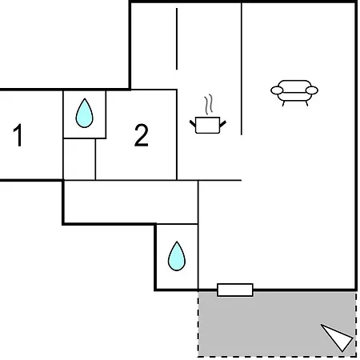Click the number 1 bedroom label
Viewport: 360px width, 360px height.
(18, 135)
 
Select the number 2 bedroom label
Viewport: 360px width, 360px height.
(142, 135)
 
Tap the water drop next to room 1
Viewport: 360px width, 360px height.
(84, 113)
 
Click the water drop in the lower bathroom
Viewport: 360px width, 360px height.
(177, 256)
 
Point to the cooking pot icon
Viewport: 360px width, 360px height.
(208, 114)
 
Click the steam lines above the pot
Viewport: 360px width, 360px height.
(209, 105)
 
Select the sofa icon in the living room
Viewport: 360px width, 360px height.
(294, 93)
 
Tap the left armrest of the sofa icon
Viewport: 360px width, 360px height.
(277, 90)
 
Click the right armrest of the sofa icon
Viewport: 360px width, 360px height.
(312, 90)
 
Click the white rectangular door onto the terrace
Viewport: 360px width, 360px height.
(235, 290)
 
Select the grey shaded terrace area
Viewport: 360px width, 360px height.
(278, 324)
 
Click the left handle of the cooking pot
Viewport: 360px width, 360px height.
(193, 123)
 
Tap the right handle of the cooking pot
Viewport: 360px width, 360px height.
(223, 124)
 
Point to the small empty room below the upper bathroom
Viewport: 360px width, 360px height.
(79, 159)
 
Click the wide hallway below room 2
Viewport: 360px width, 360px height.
(131, 202)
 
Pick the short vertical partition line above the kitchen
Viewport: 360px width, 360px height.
(177, 39)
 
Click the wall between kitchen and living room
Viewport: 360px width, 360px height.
(242, 69)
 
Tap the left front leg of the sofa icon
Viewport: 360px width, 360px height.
(283, 103)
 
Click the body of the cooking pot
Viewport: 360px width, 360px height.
(208, 125)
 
